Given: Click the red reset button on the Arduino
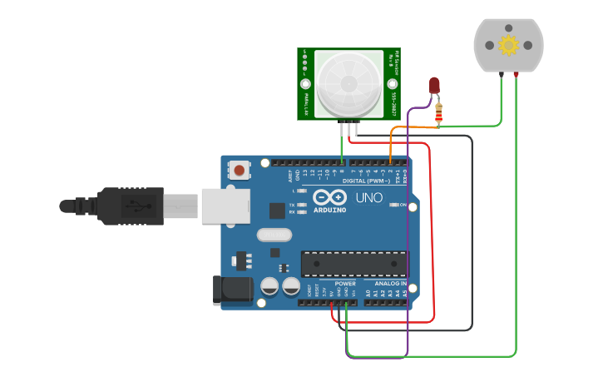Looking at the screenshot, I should click(240, 171).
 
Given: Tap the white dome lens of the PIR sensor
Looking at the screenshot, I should click(349, 83).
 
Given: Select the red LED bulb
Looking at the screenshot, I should click(434, 85).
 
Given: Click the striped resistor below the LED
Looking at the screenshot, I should click(438, 112).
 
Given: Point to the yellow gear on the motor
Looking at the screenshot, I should click(508, 46).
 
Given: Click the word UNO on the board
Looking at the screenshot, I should click(369, 198).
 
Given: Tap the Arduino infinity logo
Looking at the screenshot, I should click(330, 198).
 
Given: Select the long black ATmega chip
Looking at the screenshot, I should click(354, 263).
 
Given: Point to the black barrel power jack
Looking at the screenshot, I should click(232, 289).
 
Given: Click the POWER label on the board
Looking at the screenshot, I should click(344, 284).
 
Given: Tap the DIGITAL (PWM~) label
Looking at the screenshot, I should click(366, 181).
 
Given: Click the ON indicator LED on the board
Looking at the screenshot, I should click(394, 205).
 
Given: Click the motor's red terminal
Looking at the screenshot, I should click(517, 75).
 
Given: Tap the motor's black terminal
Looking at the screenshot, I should click(501, 75).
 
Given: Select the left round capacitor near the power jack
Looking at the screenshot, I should click(269, 286).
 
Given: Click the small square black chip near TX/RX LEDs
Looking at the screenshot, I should click(277, 211).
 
